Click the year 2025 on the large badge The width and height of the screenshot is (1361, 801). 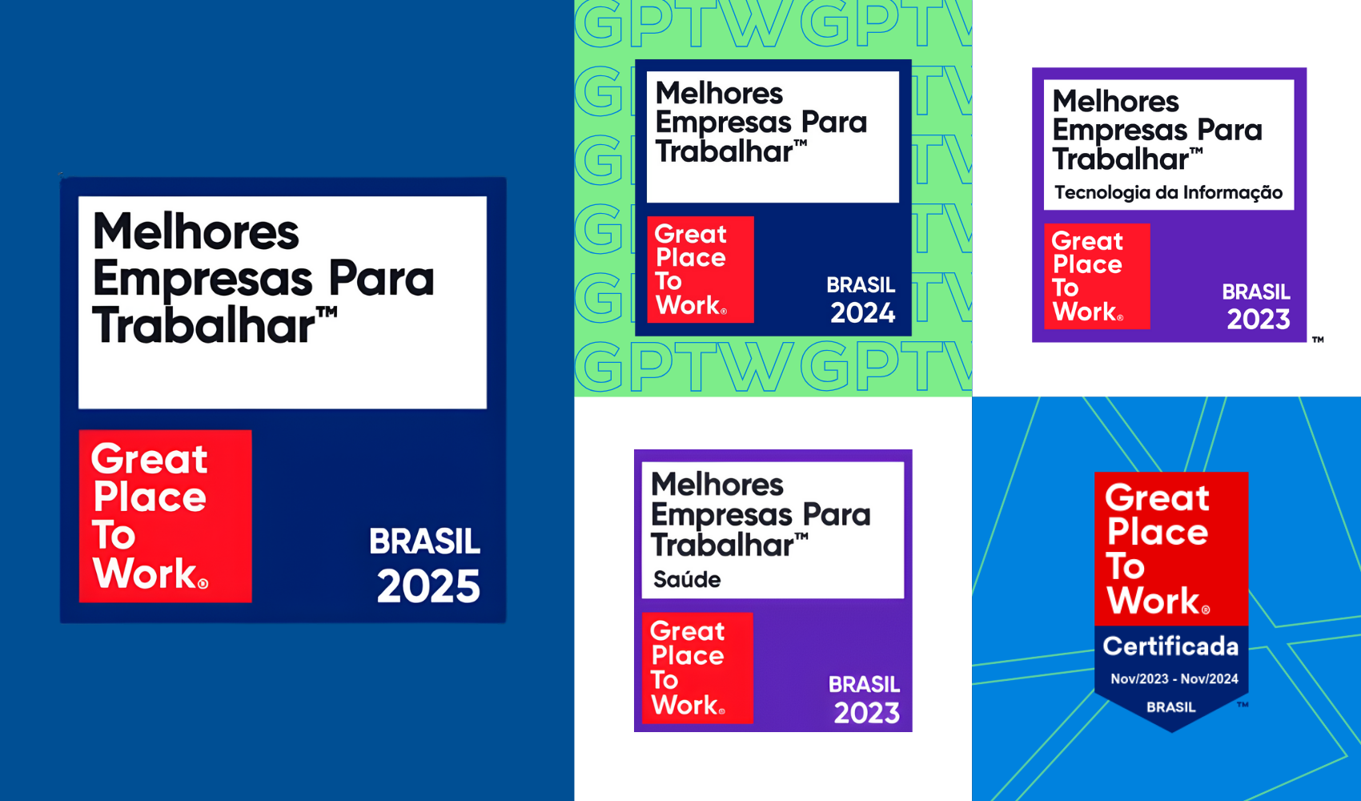(x=428, y=586)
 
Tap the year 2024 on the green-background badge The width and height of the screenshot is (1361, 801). (x=863, y=313)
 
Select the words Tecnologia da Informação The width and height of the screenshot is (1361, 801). (x=1168, y=193)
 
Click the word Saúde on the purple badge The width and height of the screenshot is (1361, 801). (x=687, y=579)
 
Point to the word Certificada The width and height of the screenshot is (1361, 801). (x=1170, y=646)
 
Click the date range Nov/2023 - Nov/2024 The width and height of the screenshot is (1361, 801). (x=1174, y=678)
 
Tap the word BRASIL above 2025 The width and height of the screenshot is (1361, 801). (x=424, y=541)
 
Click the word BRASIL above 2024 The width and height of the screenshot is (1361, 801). (x=861, y=284)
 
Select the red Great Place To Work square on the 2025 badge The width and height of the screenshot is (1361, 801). (x=165, y=516)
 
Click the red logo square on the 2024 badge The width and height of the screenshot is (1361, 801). (x=701, y=269)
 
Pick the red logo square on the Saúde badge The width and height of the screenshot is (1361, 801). (x=697, y=668)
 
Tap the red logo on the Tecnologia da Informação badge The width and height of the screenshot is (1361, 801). (x=1098, y=276)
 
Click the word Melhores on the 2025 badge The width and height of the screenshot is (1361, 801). (x=195, y=231)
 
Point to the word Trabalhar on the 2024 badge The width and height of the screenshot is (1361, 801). (x=724, y=151)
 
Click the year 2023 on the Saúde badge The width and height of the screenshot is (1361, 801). (x=866, y=713)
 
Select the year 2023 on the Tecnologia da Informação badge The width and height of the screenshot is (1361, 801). (x=1259, y=319)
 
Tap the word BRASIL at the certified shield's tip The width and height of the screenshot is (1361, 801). (x=1170, y=706)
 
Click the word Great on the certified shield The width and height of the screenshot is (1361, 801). (x=1157, y=499)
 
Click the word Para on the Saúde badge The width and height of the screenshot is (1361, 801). (x=837, y=516)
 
